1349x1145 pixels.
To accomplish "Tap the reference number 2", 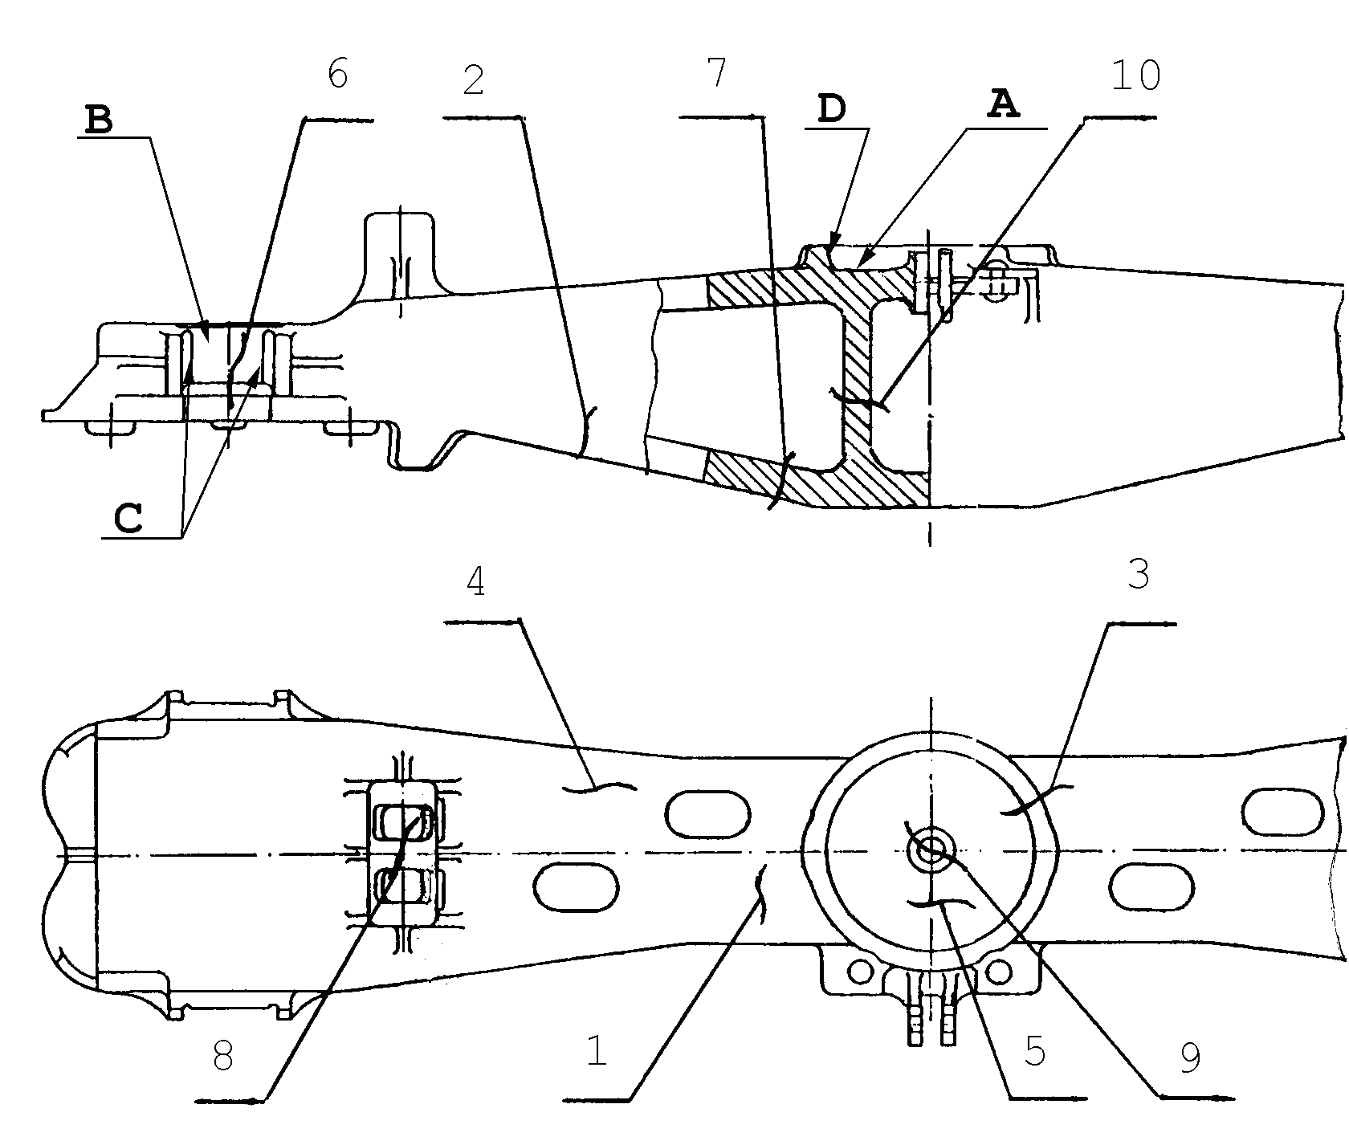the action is click(x=474, y=81).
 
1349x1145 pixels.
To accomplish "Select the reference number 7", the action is click(x=716, y=73).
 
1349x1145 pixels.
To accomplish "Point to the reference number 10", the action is click(x=1135, y=75).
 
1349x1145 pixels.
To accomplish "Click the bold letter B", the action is click(x=100, y=120).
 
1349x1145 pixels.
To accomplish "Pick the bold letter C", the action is click(x=128, y=519).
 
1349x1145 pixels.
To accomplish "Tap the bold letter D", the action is click(x=832, y=108).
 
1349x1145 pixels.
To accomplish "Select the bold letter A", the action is click(x=1002, y=104).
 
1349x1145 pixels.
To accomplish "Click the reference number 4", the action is click(x=475, y=582).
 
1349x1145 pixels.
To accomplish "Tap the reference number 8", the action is click(x=222, y=1057).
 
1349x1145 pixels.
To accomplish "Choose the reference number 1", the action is click(x=596, y=1051).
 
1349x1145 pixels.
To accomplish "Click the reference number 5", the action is click(x=1035, y=1051).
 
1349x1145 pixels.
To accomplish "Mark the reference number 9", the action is click(x=1190, y=1058).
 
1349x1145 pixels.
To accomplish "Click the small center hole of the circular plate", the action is click(x=931, y=850).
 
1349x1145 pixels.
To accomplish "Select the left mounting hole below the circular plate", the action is click(x=860, y=972).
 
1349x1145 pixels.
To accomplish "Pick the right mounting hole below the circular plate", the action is click(x=999, y=972).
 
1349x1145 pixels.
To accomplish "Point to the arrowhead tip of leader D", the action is click(x=830, y=248).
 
